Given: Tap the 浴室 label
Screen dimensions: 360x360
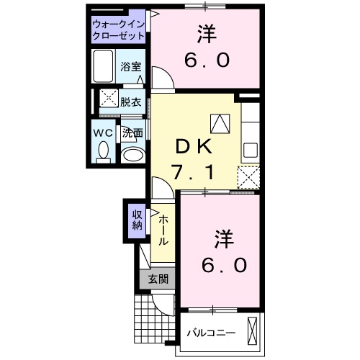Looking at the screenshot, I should [132, 67].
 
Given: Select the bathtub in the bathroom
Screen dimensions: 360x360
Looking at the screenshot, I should [104, 67].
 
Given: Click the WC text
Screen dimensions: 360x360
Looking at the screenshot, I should [101, 132].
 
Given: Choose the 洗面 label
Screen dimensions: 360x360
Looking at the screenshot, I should [132, 132].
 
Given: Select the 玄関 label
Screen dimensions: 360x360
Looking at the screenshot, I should [158, 279].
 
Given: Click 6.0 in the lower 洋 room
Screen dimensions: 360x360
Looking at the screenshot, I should [224, 264].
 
